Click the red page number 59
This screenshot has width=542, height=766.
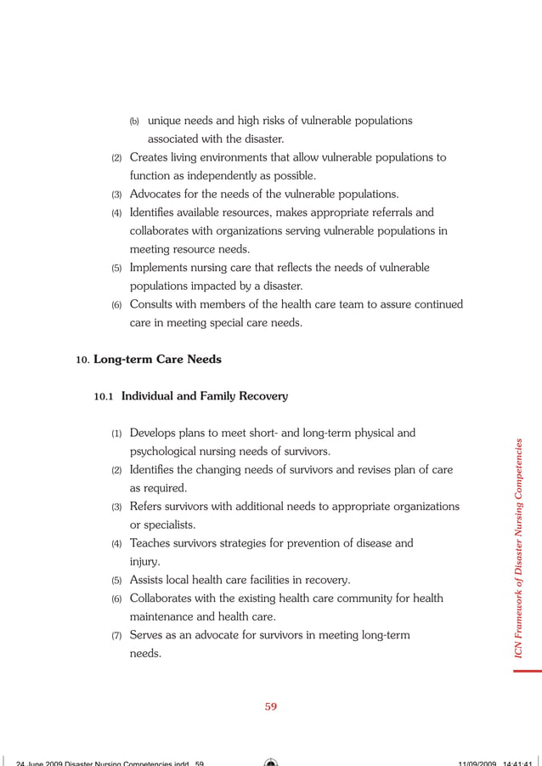point(271,706)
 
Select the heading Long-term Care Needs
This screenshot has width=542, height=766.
point(157,360)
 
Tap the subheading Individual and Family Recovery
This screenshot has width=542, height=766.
point(204,396)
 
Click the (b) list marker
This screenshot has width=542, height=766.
point(134,121)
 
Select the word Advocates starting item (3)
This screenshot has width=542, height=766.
point(158,194)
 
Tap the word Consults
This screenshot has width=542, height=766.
point(154,304)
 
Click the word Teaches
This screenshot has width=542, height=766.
point(152,543)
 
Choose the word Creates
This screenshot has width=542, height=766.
point(150,157)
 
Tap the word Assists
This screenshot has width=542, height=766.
point(150,580)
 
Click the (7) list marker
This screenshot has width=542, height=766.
point(117,636)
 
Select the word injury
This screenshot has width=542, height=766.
point(145,562)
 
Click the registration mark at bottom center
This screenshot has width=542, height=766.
point(271,761)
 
